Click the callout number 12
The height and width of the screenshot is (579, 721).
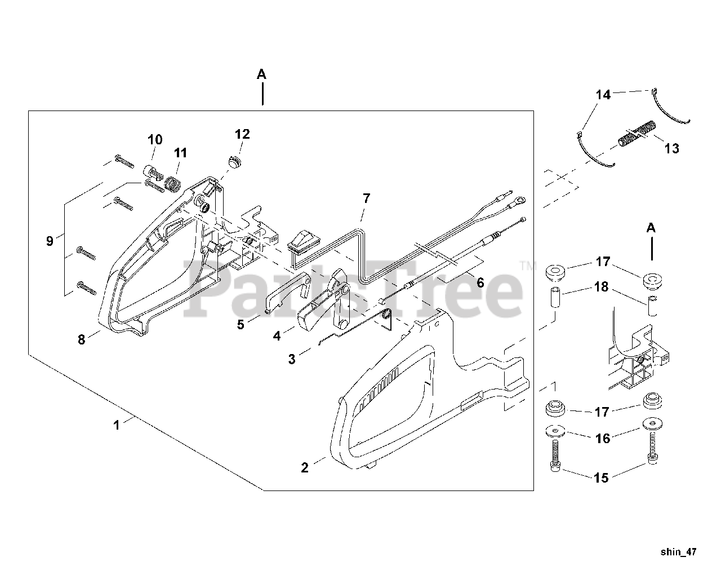(242, 134)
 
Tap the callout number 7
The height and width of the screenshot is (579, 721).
(366, 198)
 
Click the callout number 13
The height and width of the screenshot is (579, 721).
(671, 149)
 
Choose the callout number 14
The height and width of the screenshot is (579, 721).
(603, 95)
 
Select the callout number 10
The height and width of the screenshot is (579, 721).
(155, 139)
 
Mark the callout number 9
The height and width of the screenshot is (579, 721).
(50, 241)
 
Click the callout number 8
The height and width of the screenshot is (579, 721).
(81, 340)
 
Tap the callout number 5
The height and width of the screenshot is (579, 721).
(241, 325)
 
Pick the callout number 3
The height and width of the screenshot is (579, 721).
(291, 359)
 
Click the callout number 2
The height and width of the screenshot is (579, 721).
(305, 468)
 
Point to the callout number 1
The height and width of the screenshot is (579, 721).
(117, 425)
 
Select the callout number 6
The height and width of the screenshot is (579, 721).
(480, 282)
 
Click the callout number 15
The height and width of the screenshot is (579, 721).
(602, 478)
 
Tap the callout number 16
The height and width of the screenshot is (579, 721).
(603, 438)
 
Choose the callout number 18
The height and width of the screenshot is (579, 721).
(602, 287)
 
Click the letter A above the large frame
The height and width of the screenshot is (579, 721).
(261, 74)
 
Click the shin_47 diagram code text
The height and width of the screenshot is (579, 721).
(678, 552)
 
